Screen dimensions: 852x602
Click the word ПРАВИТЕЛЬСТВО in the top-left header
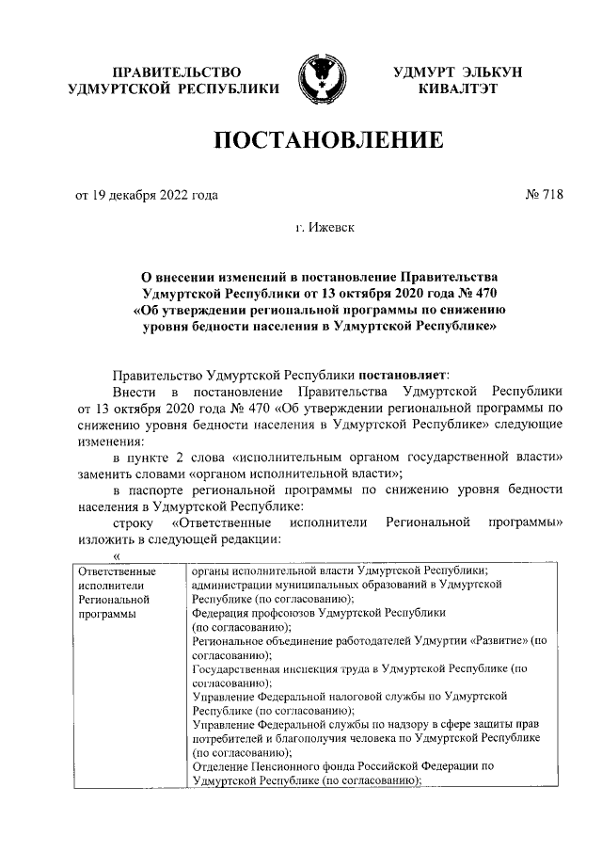tap(175, 72)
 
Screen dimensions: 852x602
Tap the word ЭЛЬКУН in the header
tap(495, 72)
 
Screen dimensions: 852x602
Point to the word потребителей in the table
tap(228, 738)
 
